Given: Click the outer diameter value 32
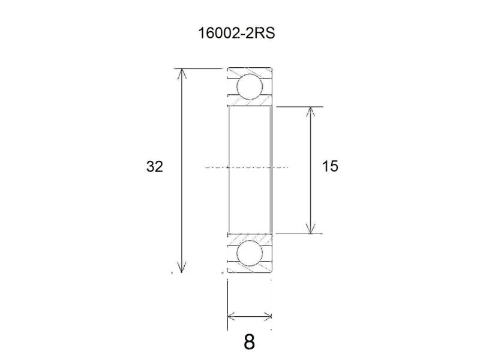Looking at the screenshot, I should pos(154,167).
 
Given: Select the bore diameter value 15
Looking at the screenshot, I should pos(330,167).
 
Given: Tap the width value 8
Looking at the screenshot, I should pos(250,342).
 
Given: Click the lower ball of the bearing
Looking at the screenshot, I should pos(249,253).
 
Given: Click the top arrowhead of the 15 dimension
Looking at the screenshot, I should pos(310,112).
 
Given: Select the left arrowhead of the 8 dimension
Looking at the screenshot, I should pos(232,316).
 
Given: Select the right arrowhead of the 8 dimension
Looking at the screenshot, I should pos(268,316).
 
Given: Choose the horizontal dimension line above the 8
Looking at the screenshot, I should pos(250,316).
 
